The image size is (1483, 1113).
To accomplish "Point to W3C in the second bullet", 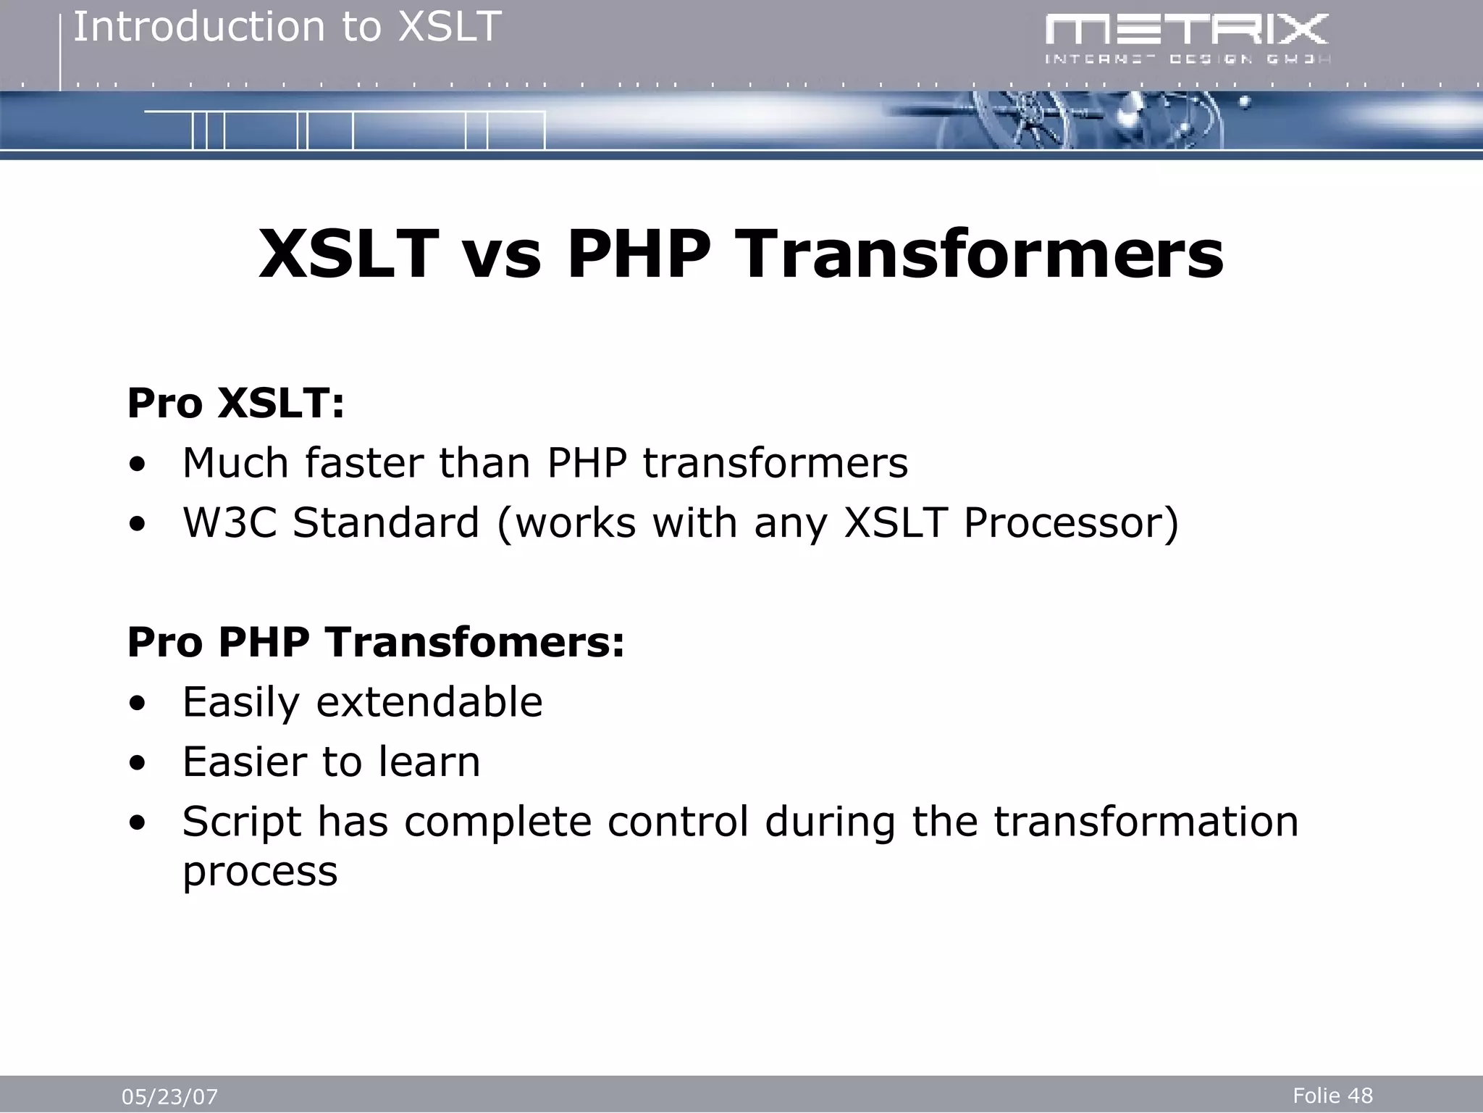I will coord(230,522).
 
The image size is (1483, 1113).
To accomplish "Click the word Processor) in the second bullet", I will coord(1071,522).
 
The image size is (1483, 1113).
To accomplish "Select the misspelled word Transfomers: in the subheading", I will coord(474,642).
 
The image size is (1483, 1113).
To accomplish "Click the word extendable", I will coord(429,702).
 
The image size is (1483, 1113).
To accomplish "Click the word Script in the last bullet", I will coord(241,822).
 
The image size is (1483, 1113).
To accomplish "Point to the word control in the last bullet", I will coord(678,822).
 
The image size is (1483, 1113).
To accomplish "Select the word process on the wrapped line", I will coord(260,871).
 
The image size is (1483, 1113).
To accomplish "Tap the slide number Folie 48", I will coord(1332,1095).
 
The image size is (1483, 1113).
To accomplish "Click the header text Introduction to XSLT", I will coord(287,28).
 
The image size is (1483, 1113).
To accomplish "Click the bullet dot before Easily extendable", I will coord(137,704).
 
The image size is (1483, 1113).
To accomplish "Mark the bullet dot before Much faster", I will coord(137,464).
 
